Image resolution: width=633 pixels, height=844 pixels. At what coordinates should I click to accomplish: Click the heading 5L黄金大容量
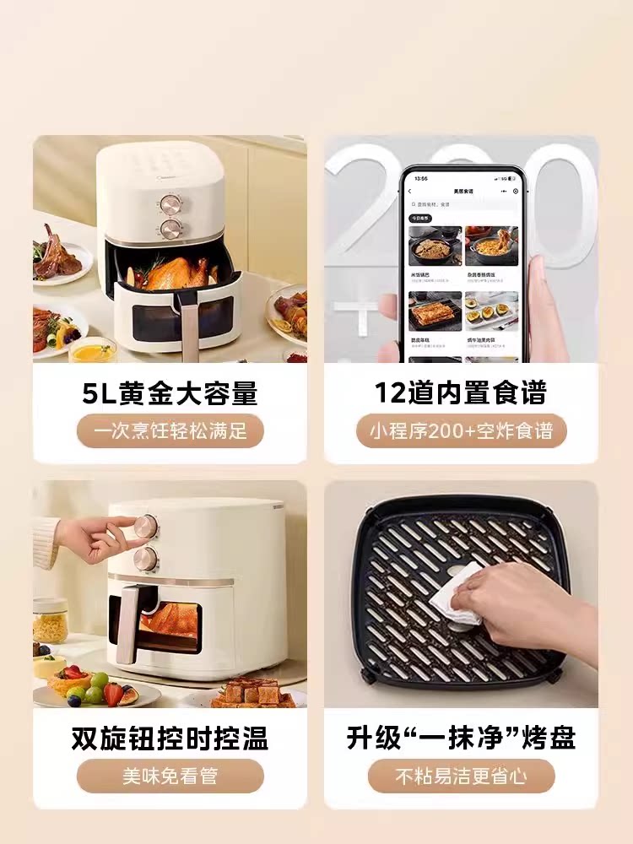[170, 393]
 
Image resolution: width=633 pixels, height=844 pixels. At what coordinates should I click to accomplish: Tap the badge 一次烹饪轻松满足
[170, 431]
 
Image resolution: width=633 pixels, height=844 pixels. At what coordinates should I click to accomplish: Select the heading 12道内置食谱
[461, 393]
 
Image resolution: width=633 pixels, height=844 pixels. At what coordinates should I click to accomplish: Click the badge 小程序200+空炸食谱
[461, 431]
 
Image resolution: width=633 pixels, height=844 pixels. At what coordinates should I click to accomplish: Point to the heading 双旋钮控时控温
[170, 739]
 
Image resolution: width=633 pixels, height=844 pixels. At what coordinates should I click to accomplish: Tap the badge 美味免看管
[170, 776]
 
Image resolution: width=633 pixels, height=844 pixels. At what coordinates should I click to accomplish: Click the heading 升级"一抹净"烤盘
[461, 739]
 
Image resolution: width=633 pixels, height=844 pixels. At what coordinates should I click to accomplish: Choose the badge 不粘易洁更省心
[461, 776]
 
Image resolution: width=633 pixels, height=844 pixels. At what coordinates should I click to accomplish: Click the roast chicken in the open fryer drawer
[176, 273]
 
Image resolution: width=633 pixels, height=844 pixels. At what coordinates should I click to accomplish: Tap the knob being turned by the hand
[146, 527]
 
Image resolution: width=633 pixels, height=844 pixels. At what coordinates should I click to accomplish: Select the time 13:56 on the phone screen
[422, 178]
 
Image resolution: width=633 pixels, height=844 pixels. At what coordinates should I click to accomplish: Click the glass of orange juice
[91, 350]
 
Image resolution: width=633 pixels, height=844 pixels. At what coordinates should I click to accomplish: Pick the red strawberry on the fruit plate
[113, 693]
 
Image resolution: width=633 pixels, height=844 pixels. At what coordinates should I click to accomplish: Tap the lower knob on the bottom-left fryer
[147, 559]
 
